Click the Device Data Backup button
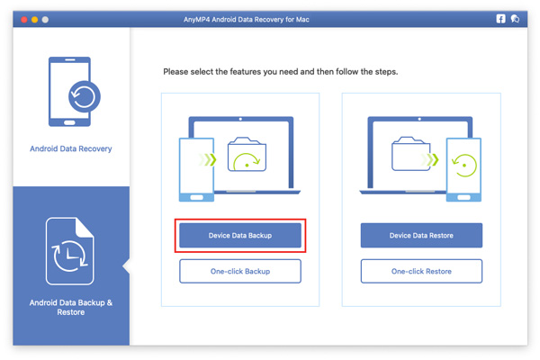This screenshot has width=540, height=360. [240, 236]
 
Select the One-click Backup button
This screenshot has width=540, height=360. [240, 271]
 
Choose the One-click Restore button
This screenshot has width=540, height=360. [421, 271]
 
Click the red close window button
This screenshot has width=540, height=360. [24, 19]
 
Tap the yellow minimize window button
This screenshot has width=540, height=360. [35, 19]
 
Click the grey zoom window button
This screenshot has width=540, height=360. [46, 19]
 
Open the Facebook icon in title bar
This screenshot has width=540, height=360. [501, 19]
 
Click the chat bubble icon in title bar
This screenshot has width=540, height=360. [516, 19]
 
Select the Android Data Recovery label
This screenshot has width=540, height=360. [71, 148]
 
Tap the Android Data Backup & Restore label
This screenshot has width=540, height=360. [71, 307]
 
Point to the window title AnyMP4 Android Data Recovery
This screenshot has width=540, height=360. [270, 19]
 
